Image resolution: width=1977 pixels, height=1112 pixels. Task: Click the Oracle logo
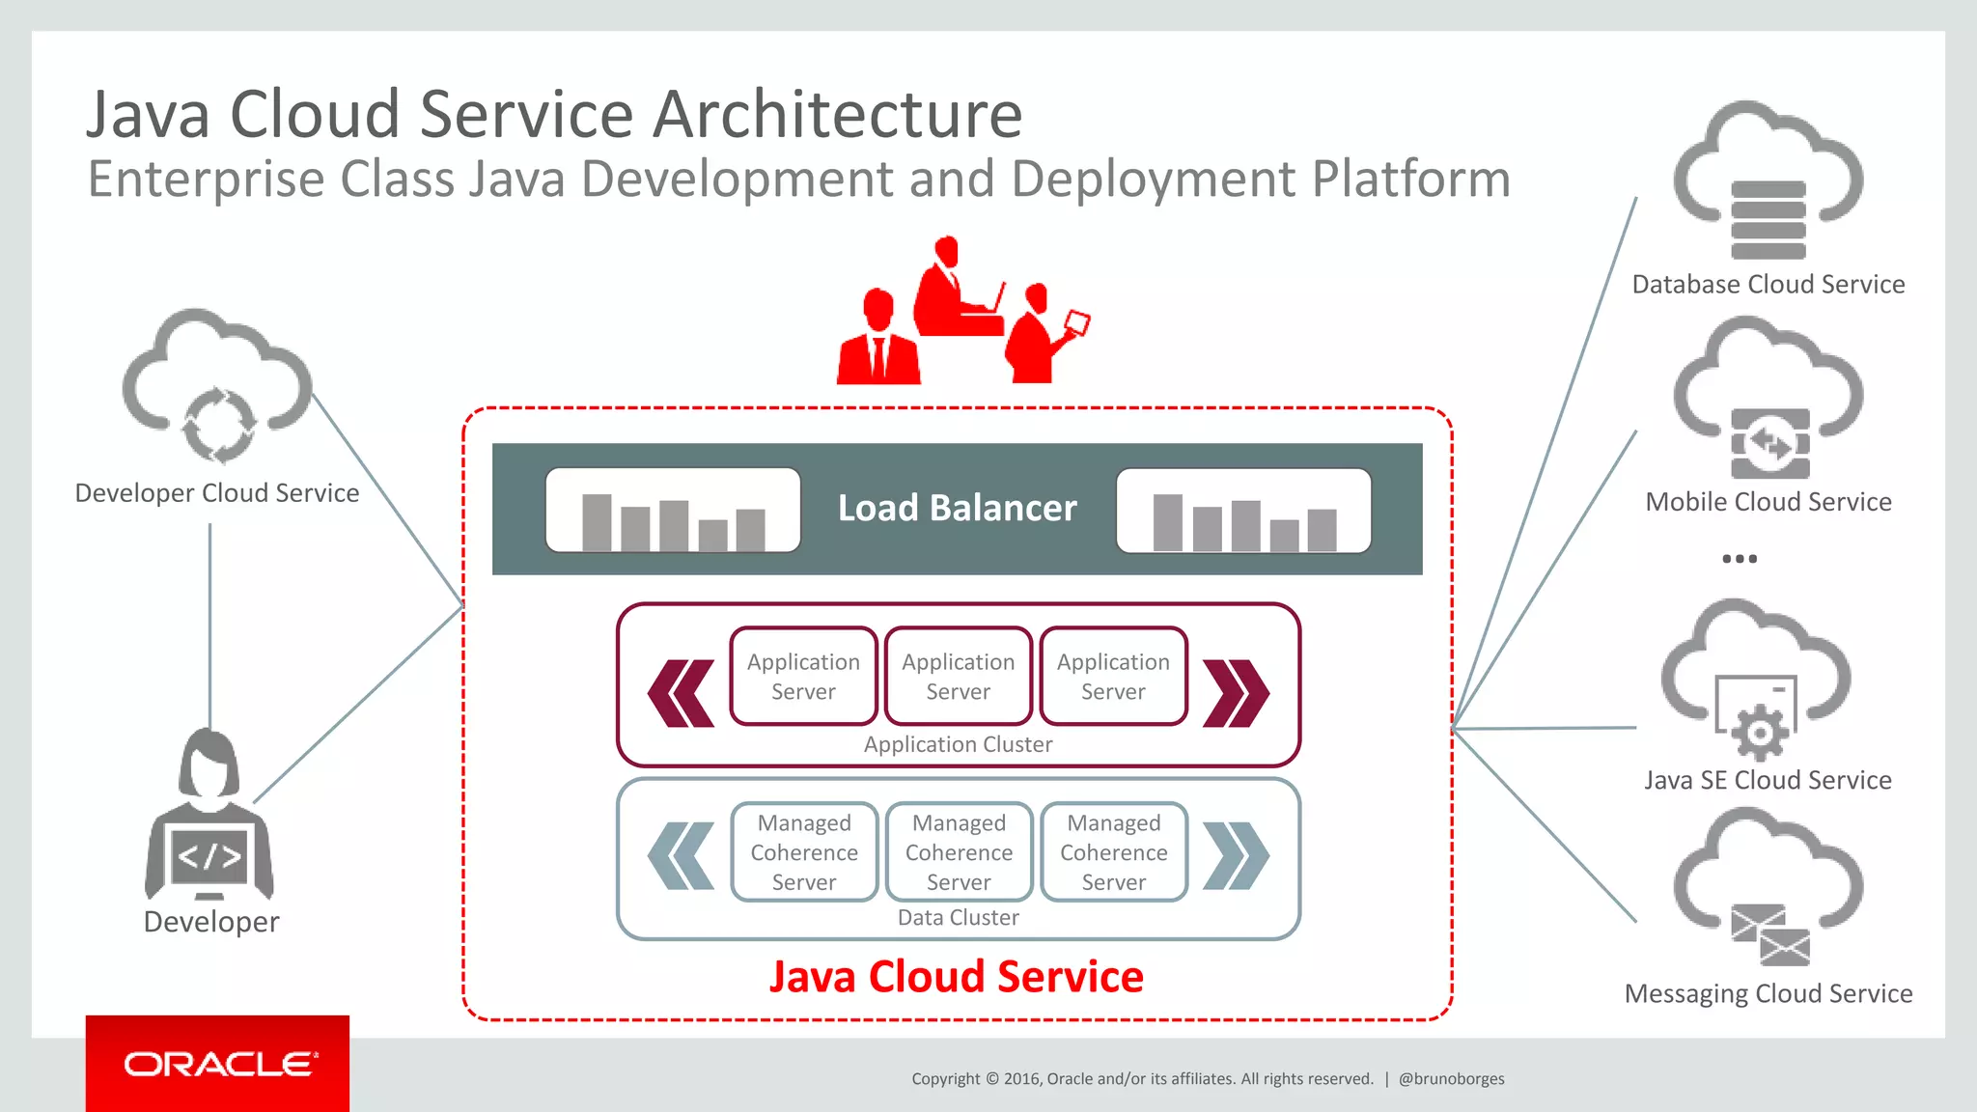click(x=218, y=1064)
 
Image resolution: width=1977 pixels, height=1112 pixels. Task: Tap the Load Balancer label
click(x=957, y=508)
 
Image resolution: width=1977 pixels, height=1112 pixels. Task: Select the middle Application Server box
click(x=958, y=676)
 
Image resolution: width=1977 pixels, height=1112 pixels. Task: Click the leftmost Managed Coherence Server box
click(x=804, y=852)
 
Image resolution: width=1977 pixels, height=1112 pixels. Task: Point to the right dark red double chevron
click(x=1236, y=693)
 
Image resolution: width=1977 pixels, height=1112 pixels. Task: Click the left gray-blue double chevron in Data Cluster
click(x=682, y=855)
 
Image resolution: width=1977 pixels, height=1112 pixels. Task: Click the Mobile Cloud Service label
click(x=1768, y=502)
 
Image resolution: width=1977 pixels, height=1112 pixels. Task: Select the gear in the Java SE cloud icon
click(x=1760, y=733)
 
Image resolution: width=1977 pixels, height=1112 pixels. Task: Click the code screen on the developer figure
click(x=209, y=855)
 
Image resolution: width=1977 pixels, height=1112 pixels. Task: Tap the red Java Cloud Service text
click(x=956, y=977)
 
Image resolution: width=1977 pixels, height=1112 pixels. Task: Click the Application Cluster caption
click(x=958, y=744)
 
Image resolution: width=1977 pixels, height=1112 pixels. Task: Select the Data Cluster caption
click(x=958, y=917)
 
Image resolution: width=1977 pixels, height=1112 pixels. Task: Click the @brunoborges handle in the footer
click(x=1451, y=1079)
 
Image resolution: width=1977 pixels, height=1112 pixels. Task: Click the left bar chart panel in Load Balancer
click(x=673, y=511)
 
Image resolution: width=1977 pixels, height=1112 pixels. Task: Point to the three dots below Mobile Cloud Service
click(x=1740, y=559)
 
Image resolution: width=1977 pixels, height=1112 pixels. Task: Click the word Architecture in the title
click(x=837, y=114)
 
